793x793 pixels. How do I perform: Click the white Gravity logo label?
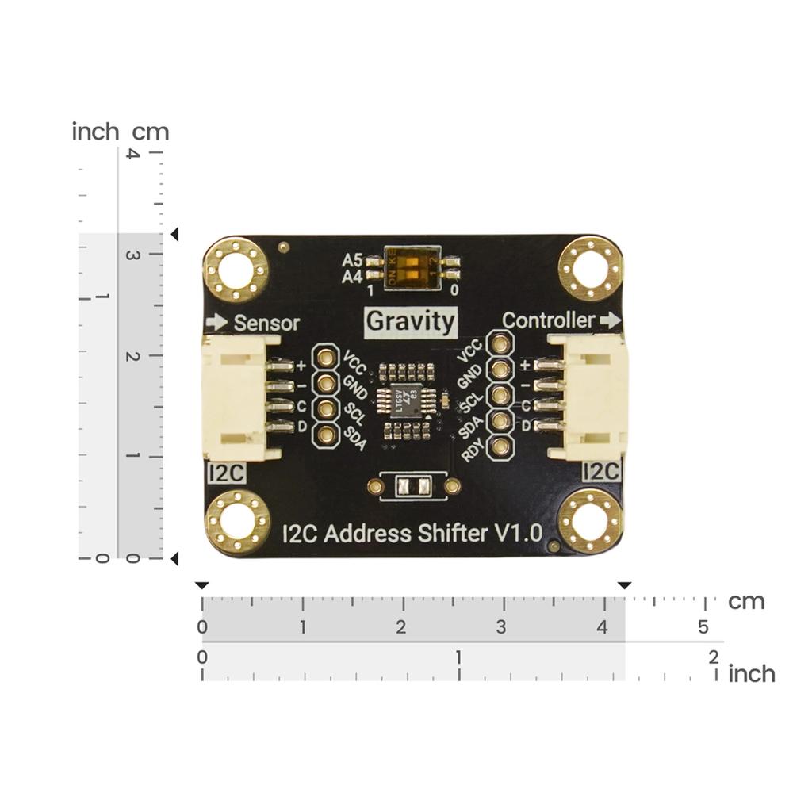tap(411, 321)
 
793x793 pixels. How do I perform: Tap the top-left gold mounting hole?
tap(236, 270)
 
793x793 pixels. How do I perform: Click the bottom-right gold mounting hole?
tap(590, 521)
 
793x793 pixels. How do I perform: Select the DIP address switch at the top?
tap(412, 267)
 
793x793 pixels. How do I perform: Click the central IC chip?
tap(408, 401)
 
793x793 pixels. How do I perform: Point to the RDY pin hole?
tap(500, 448)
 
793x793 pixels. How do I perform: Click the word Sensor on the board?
tap(266, 323)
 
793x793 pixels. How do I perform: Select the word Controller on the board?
tap(549, 320)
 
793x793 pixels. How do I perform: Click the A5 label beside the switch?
tap(352, 260)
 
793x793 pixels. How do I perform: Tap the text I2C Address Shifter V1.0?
tap(412, 533)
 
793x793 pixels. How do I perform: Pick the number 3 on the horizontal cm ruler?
tap(501, 627)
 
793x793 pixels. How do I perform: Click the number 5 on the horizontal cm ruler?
tap(703, 627)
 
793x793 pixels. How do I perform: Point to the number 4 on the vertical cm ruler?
tap(132, 154)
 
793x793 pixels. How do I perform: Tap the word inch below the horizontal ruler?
tap(751, 674)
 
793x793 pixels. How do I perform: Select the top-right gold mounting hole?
tap(590, 268)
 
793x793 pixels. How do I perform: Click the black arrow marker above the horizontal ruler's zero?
tap(202, 585)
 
